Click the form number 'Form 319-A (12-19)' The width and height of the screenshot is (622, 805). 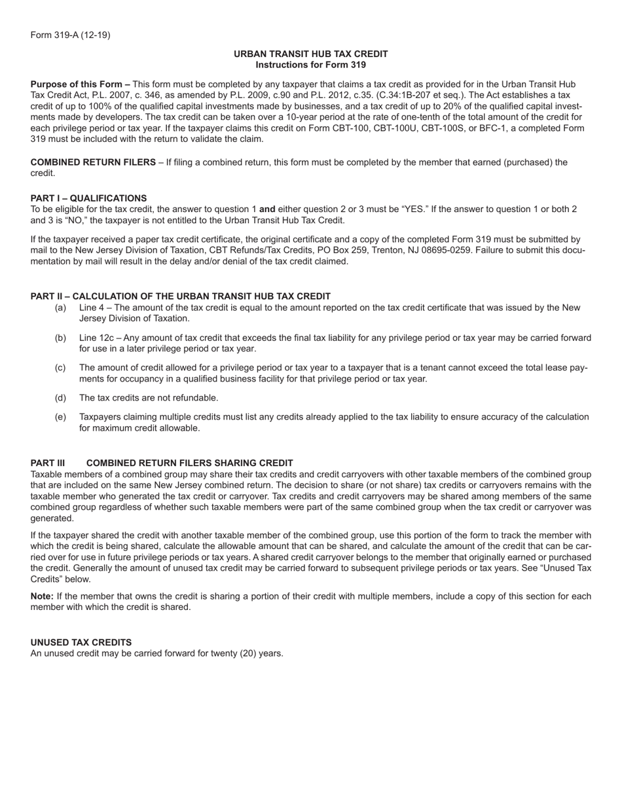point(70,35)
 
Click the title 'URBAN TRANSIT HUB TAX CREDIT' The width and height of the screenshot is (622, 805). point(310,54)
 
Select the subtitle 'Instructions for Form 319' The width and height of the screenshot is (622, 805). point(310,65)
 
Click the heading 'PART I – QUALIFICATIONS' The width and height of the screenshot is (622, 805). point(88,198)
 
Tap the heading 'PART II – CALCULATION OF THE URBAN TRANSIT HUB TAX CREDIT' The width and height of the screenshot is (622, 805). point(180,296)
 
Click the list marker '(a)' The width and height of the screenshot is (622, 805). point(60,308)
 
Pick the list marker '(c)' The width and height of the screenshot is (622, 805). point(60,368)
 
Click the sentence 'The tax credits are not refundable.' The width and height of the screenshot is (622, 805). point(149,398)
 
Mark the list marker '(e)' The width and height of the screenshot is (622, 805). point(60,417)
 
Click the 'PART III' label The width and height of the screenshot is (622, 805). point(48,463)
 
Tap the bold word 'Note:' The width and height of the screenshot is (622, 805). point(42,596)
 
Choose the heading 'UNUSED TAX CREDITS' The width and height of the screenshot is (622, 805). point(81,643)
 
